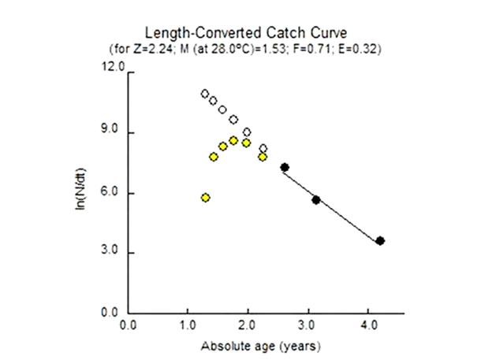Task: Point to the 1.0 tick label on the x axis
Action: (188, 324)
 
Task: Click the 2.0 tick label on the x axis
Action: (248, 324)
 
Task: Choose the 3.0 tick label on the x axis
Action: (308, 324)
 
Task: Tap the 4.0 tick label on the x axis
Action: (368, 324)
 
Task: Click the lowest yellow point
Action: (205, 198)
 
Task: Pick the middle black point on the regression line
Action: (316, 200)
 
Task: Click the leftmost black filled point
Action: (285, 167)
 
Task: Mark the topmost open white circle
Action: (205, 94)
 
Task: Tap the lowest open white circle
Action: (263, 148)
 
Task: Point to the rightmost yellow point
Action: (263, 157)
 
